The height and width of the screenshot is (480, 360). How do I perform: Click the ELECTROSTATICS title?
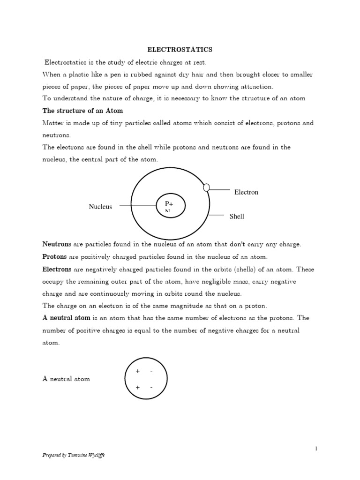click(x=180, y=49)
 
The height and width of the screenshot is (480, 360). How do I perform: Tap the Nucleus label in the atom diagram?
click(x=100, y=207)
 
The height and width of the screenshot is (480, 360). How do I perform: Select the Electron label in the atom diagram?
click(x=246, y=192)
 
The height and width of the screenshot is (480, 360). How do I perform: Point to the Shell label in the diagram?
click(x=237, y=216)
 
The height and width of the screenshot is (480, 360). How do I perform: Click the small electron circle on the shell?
click(x=206, y=187)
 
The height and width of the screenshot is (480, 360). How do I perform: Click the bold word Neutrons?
click(x=57, y=245)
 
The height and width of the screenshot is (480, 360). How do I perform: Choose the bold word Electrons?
click(x=57, y=269)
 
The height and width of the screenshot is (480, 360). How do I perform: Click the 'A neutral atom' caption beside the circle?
click(x=66, y=379)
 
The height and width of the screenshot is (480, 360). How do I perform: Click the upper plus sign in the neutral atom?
click(x=137, y=371)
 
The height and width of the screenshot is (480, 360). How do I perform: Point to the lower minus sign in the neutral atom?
click(x=151, y=388)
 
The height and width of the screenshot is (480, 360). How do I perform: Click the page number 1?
click(x=316, y=449)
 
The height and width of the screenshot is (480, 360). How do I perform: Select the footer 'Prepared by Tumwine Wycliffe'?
click(x=74, y=455)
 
